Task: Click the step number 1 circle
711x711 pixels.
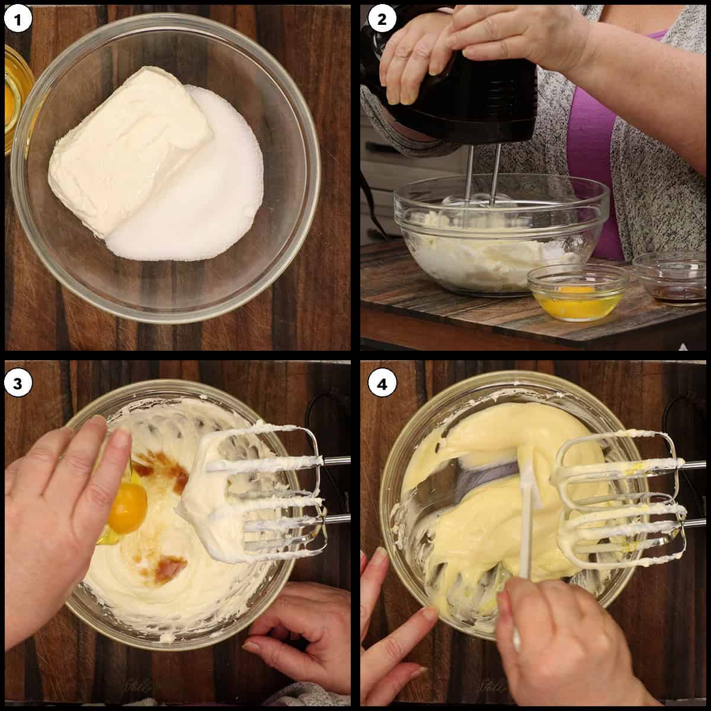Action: click(x=18, y=20)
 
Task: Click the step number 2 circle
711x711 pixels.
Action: click(x=382, y=20)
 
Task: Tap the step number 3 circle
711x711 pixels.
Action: click(x=18, y=384)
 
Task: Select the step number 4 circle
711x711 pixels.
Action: click(x=382, y=384)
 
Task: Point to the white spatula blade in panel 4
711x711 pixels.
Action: click(x=530, y=474)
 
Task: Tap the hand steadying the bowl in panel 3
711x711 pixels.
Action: click(x=302, y=634)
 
